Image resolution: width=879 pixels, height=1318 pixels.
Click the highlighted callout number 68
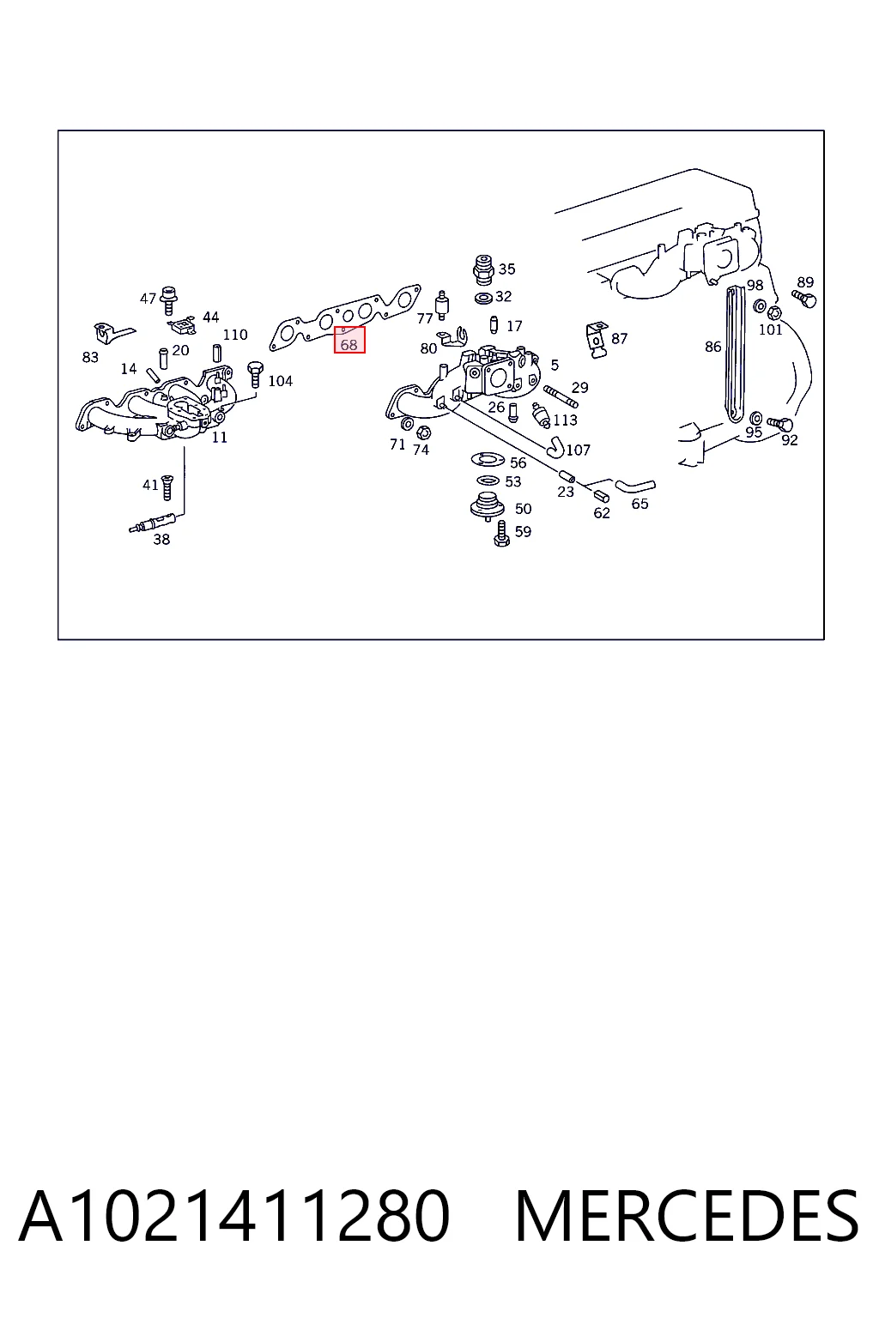tap(349, 344)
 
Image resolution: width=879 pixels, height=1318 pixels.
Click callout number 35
tap(507, 269)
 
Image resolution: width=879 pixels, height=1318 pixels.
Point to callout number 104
tap(280, 381)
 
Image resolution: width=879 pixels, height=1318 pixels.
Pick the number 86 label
tap(713, 348)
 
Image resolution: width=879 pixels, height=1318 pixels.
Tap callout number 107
tap(579, 450)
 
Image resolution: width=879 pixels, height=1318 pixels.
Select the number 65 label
tap(640, 505)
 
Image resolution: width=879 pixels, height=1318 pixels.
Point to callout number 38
tap(161, 540)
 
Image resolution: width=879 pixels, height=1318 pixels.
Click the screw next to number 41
tap(167, 487)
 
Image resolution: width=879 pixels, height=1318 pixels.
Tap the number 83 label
tap(90, 357)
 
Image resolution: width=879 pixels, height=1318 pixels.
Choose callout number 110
tap(235, 335)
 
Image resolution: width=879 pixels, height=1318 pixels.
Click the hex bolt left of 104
tap(255, 373)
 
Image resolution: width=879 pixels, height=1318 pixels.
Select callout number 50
tap(524, 508)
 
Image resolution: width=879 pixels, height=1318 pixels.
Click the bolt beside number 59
tap(501, 534)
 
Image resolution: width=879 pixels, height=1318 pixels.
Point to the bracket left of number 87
tap(597, 340)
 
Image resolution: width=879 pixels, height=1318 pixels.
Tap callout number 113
tap(565, 420)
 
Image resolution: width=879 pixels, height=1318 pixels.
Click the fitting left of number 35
tap(483, 270)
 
